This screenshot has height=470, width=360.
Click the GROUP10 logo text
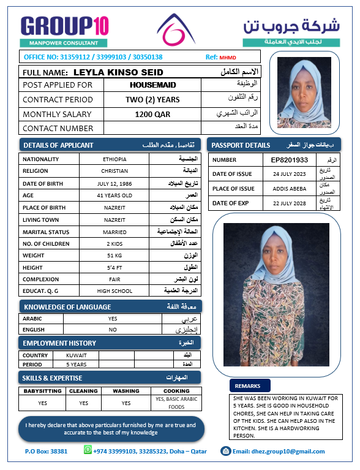65,26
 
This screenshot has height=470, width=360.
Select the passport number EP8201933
289,160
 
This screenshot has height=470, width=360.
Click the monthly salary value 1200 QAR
152,114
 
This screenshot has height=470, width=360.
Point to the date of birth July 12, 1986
115,184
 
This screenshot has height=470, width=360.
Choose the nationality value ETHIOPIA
115,159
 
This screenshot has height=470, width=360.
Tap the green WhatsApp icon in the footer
88,450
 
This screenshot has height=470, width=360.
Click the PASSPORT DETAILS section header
241,145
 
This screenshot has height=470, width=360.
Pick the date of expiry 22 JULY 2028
289,203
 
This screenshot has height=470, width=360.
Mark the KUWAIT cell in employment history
76,355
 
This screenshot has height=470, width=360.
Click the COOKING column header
176,391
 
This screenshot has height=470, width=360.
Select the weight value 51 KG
115,255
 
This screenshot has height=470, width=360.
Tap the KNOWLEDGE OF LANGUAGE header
67,306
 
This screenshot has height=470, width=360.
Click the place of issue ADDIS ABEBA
289,189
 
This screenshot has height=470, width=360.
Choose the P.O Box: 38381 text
46,452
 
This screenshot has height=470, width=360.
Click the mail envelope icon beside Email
226,451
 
